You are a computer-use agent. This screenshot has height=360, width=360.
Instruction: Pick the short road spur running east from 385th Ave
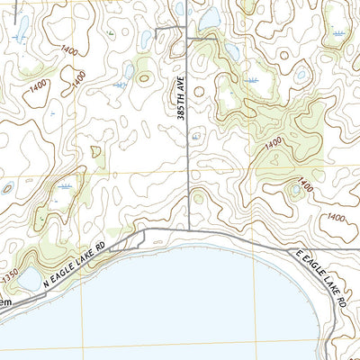click(x=202, y=40)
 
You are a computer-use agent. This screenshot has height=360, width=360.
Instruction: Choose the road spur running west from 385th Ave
click(x=171, y=31)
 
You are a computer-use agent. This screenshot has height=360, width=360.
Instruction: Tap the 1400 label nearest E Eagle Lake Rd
click(x=335, y=218)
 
